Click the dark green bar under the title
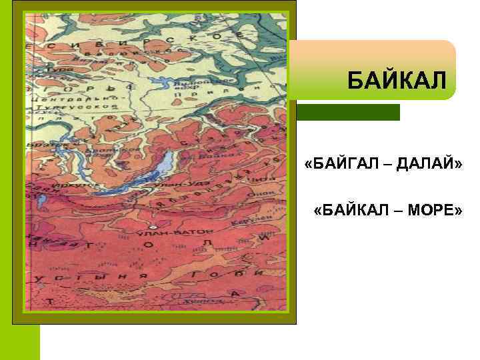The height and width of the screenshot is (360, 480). tap(348, 112)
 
